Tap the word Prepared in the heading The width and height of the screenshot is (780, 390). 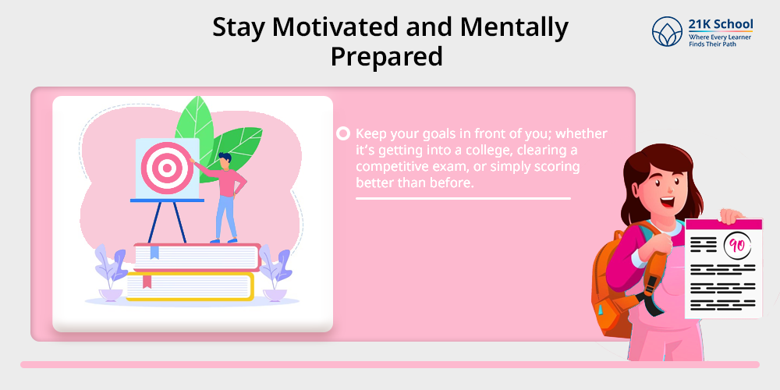pos(387,56)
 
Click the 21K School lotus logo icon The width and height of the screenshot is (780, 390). pos(667,32)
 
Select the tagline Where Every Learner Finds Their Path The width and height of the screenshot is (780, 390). pos(720,41)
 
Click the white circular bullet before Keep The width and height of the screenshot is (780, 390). pos(343,134)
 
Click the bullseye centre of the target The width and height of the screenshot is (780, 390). pos(167,168)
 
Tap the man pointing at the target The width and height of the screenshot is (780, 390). pos(223,197)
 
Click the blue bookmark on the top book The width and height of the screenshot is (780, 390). pos(154,252)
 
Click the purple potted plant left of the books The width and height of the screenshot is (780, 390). pos(111,272)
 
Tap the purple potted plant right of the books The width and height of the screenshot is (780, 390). pos(275,272)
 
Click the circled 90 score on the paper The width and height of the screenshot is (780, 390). pos(737,246)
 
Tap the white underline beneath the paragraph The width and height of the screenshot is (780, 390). pos(463,198)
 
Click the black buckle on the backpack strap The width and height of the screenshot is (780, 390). pos(651,296)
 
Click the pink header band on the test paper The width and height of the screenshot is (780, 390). pos(723,225)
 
